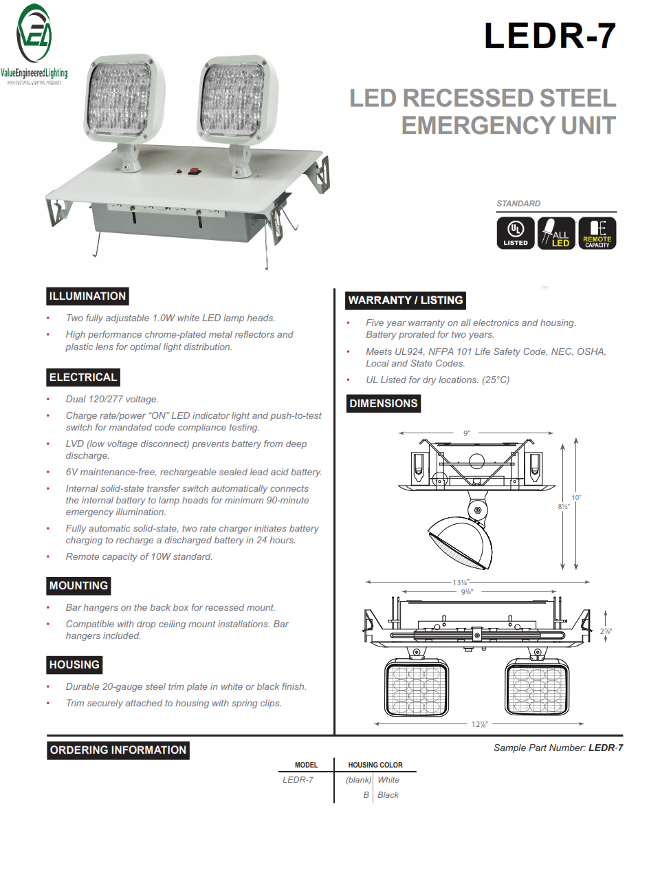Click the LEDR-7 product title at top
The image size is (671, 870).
(549, 36)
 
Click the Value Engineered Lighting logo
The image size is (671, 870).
(34, 45)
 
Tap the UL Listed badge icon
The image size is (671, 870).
(516, 232)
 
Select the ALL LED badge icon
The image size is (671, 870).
(555, 232)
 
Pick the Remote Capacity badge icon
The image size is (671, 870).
(597, 232)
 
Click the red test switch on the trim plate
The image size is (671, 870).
(193, 171)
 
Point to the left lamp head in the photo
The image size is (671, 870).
(122, 100)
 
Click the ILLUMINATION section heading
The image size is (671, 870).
(87, 296)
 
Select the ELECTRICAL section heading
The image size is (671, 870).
(83, 378)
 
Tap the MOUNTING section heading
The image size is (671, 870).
(78, 586)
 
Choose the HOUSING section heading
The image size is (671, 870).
(74, 665)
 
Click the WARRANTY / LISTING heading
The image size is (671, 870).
(406, 301)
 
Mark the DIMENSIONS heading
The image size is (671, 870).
(383, 404)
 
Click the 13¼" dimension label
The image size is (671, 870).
(460, 583)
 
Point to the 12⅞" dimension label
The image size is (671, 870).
(479, 724)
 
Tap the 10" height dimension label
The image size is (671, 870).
(576, 497)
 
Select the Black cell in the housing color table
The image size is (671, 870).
(388, 795)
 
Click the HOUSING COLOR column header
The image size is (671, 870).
(375, 765)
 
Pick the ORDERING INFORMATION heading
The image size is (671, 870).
(118, 750)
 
